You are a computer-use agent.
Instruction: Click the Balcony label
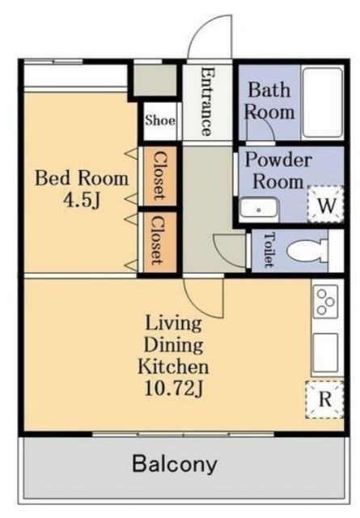pyautogui.click(x=175, y=464)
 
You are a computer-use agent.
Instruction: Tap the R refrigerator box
pyautogui.click(x=324, y=399)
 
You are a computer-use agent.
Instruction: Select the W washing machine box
pyautogui.click(x=326, y=205)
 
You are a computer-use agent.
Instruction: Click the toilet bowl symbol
pyautogui.click(x=307, y=252)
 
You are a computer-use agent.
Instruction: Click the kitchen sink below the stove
pyautogui.click(x=325, y=353)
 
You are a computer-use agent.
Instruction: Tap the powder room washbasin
pyautogui.click(x=259, y=208)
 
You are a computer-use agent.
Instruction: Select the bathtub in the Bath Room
pyautogui.click(x=323, y=103)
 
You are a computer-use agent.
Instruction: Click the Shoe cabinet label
pyautogui.click(x=160, y=121)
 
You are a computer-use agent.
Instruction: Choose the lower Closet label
pyautogui.click(x=159, y=241)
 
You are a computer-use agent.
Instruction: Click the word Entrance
pyautogui.click(x=206, y=101)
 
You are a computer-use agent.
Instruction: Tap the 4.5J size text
pyautogui.click(x=82, y=200)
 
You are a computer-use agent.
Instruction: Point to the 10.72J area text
pyautogui.click(x=174, y=388)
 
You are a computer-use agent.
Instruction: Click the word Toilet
pyautogui.click(x=269, y=249)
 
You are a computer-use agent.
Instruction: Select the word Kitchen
pyautogui.click(x=173, y=366)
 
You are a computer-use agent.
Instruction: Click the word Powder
pyautogui.click(x=278, y=160)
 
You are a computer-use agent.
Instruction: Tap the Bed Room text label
pyautogui.click(x=82, y=178)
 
